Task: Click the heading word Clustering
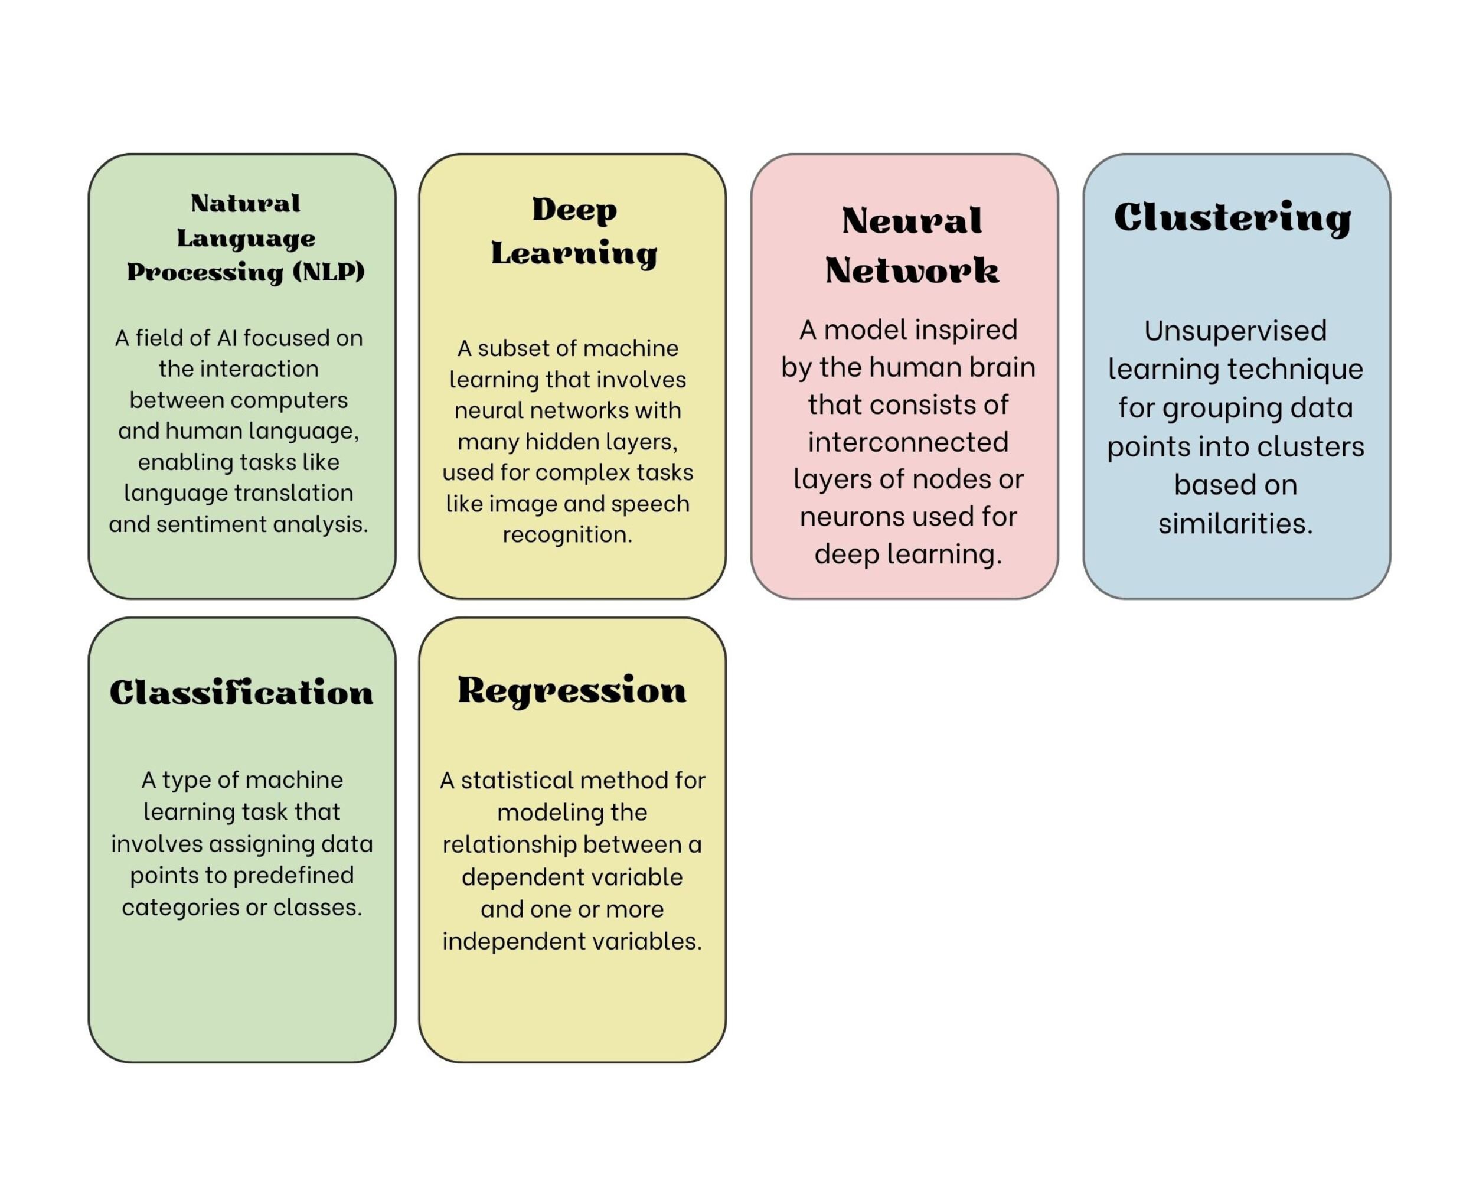coord(1232,218)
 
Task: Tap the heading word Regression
coord(572,690)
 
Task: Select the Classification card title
coord(241,693)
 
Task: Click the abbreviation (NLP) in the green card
coord(329,272)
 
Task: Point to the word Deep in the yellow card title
coord(574,210)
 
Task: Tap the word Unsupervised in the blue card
coord(1236,331)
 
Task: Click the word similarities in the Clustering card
coord(1235,524)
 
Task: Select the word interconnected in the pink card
coord(908,442)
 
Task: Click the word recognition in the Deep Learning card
coord(567,534)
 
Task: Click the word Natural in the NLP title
coord(245,203)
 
